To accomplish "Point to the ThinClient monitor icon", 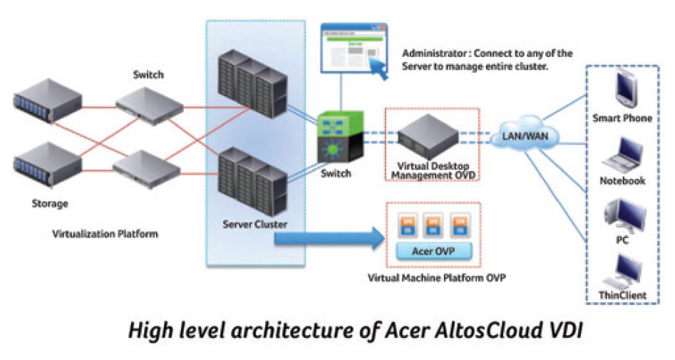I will point(622,270).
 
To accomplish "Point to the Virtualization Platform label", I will point(105,233).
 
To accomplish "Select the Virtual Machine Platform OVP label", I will point(436,278).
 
